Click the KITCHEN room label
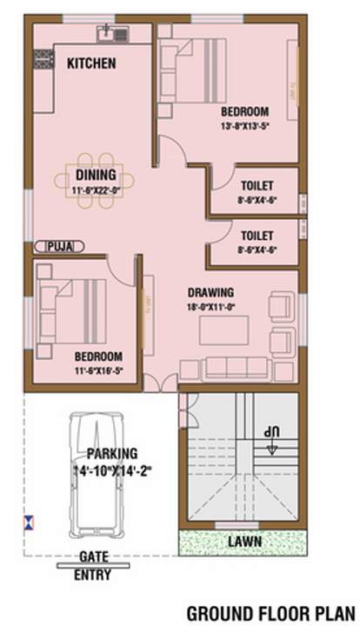[x=91, y=63]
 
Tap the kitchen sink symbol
[x=112, y=33]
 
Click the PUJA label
[x=59, y=247]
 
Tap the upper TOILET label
[x=257, y=186]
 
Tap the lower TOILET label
[x=257, y=236]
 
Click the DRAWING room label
[x=210, y=292]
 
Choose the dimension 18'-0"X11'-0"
[x=210, y=306]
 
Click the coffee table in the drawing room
[x=223, y=330]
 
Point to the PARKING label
[x=112, y=453]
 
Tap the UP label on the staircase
[x=274, y=432]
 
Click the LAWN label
[x=244, y=542]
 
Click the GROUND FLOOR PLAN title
[x=271, y=614]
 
